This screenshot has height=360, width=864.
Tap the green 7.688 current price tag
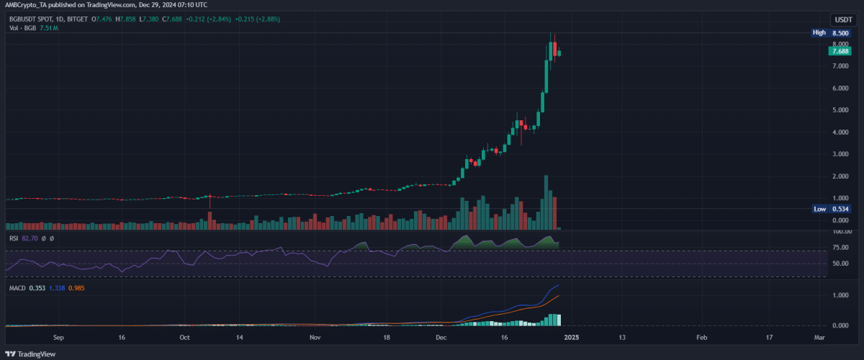(x=840, y=51)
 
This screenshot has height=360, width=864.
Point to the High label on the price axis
(x=819, y=32)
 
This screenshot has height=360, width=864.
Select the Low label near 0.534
(x=819, y=209)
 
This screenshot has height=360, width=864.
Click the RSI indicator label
(x=14, y=238)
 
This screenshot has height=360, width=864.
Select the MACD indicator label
(x=17, y=289)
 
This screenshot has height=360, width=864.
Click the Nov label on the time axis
(x=315, y=336)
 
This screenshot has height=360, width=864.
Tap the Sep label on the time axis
(x=59, y=336)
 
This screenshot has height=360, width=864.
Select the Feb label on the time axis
(x=701, y=336)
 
